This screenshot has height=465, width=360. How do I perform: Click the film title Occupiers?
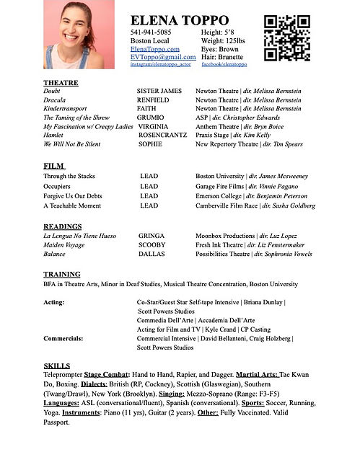[58, 186]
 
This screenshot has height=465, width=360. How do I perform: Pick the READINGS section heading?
[62, 226]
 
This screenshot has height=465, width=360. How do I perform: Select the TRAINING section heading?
[62, 275]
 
